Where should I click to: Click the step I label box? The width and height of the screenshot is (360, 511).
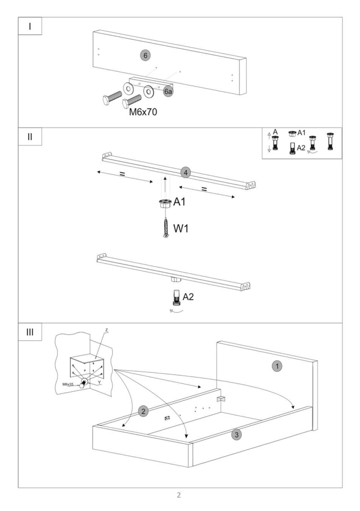tap(30, 26)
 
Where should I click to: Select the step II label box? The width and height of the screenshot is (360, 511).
tap(30, 137)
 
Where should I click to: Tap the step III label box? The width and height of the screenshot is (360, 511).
tap(30, 332)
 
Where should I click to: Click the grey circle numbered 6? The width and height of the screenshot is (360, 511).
tap(145, 55)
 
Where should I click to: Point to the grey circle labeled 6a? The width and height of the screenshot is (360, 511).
tap(168, 91)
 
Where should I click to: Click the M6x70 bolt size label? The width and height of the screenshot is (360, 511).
tap(143, 112)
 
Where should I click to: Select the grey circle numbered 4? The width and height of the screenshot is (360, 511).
tap(186, 173)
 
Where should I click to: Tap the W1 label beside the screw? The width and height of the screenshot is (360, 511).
tap(181, 228)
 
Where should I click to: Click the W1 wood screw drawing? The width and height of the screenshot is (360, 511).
tap(166, 228)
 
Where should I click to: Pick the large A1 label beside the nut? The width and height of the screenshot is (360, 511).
tap(180, 202)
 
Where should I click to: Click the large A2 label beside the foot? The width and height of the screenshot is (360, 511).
tap(188, 297)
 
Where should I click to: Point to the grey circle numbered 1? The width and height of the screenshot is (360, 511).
tap(277, 366)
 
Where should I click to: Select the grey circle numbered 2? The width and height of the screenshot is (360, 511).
tap(143, 411)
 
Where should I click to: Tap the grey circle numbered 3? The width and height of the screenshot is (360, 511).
tap(237, 435)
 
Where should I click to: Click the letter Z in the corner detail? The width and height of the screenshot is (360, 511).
tap(107, 330)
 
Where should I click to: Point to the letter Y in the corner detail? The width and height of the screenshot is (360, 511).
tap(99, 382)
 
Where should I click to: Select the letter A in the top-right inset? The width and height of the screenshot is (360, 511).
tap(275, 132)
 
